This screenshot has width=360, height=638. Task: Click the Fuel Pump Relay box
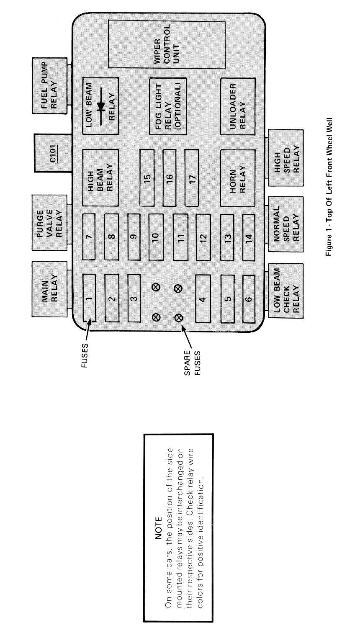[x=50, y=85]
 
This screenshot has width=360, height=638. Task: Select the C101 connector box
[x=51, y=153]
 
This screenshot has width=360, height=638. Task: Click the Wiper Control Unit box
[x=167, y=44]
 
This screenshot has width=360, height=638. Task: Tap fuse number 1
[x=89, y=298]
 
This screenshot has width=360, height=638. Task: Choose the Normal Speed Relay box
[x=285, y=224]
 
